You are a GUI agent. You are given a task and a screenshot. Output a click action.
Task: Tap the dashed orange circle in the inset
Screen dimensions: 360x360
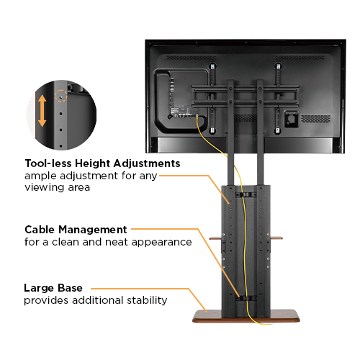click(x=65, y=94)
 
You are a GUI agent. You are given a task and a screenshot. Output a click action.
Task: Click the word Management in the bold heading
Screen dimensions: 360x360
click(x=94, y=230)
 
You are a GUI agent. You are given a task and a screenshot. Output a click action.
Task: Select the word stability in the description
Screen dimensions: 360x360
click(x=146, y=300)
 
